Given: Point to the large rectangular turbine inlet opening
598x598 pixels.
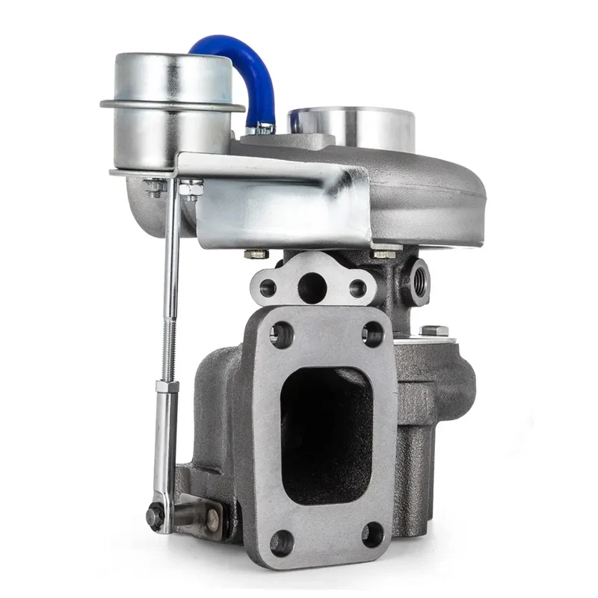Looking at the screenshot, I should coord(326,434).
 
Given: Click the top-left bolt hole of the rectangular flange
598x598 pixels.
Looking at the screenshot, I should coord(281,333).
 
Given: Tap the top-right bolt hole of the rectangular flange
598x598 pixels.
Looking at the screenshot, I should coord(373,333).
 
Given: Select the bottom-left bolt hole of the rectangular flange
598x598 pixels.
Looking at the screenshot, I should coord(281,542).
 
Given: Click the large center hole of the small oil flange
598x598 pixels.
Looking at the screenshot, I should coord(312,286).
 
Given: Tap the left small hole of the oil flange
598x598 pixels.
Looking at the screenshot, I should coord(268,287).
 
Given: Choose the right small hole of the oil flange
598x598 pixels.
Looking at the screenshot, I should coord(358,287).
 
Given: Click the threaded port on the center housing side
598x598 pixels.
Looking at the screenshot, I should coord(416,280).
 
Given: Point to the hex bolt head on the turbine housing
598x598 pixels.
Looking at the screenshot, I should coord(434,330).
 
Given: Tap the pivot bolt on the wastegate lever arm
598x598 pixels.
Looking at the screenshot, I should coord(155,515).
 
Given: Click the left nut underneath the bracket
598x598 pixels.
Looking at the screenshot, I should coord(256,254).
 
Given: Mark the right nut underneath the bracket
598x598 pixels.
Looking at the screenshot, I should coord(383,253).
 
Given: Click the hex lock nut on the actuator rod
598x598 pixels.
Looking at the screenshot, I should coord(168,386).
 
